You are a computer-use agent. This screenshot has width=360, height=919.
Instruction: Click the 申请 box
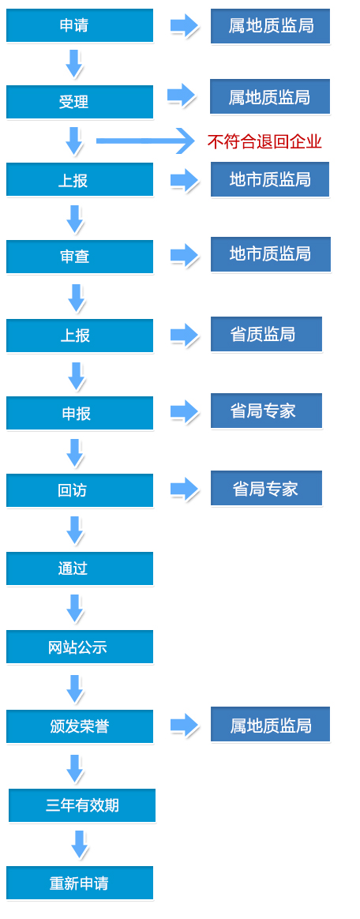coord(80,25)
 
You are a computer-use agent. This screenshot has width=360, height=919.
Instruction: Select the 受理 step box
coord(80,102)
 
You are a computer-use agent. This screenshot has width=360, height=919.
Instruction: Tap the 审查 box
coord(80,257)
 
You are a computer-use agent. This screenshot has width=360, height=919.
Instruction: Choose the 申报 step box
coord(80,413)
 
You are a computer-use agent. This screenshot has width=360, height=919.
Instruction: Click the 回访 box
coord(80,490)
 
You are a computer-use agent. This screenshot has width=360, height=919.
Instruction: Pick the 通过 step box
coord(80,568)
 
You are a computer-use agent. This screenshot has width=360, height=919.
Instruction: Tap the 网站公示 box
coord(80,647)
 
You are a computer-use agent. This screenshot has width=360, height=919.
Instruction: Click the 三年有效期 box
coord(82,805)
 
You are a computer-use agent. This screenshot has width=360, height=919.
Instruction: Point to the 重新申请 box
coord(80,883)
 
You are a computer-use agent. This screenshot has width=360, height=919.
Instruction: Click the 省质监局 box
coord(266,334)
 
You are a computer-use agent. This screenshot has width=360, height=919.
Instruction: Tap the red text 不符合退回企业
coord(264,142)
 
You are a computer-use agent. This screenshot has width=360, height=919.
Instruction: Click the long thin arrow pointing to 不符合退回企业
coord(144,141)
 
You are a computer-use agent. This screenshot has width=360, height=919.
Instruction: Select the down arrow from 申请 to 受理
coord(74,64)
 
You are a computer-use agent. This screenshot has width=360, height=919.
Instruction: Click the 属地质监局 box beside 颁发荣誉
coord(270,725)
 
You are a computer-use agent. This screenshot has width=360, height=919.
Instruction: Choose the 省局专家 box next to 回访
coord(266,488)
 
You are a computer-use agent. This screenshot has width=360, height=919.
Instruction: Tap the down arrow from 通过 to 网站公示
coord(74,609)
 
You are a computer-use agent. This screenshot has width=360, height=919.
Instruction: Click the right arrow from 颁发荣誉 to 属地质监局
coord(185,725)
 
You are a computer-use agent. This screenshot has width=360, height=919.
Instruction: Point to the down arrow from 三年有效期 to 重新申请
coord(79,845)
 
